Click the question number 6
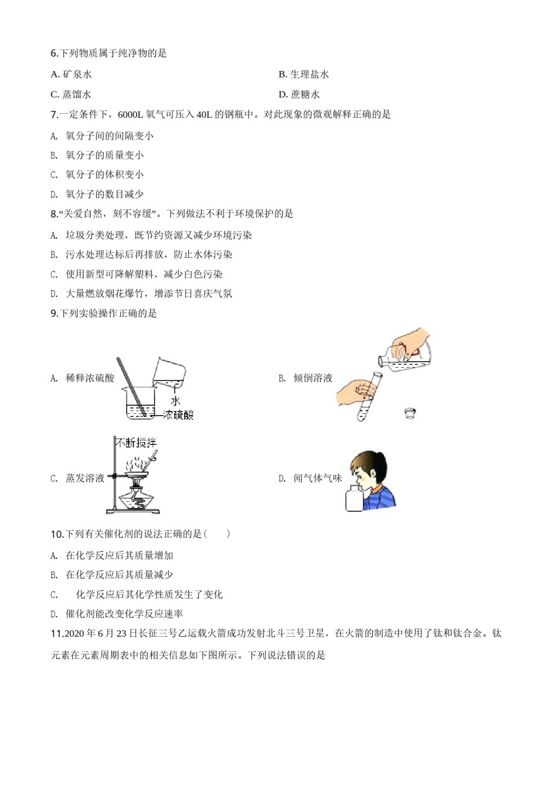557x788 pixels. (55, 53)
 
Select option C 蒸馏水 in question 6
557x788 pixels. (72, 94)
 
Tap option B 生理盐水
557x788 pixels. (304, 74)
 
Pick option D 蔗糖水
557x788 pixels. (300, 94)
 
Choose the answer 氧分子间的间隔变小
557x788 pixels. (109, 136)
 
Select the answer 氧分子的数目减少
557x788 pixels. (104, 194)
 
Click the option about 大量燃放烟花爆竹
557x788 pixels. (148, 294)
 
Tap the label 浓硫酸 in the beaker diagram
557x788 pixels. (178, 415)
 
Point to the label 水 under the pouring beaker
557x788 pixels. (175, 401)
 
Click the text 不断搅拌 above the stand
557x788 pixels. (136, 443)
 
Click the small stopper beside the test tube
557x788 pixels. (410, 414)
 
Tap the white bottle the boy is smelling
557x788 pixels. (354, 499)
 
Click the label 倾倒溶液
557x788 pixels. (313, 378)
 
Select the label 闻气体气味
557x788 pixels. (317, 478)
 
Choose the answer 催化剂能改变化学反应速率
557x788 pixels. (124, 614)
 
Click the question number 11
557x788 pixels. (57, 634)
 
